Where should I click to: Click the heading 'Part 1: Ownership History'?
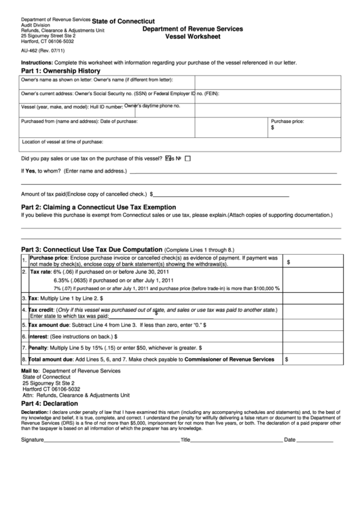point(61,71)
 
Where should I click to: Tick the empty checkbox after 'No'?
point(188,158)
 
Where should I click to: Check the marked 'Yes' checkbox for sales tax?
point(169,158)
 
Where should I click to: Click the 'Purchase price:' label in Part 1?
point(287,121)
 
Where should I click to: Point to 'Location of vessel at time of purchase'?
point(62,141)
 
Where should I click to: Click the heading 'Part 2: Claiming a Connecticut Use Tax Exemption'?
point(99,207)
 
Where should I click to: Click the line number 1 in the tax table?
point(24,261)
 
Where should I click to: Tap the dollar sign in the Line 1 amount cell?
point(289,261)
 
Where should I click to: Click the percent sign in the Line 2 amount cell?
point(278,288)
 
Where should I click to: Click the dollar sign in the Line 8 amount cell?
point(286,359)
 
